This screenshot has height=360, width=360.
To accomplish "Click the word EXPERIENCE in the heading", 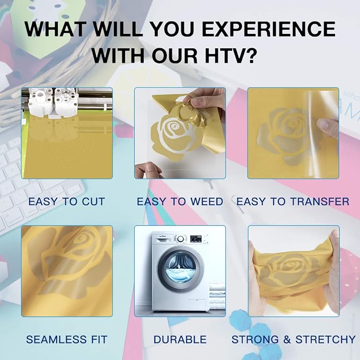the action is (268, 29).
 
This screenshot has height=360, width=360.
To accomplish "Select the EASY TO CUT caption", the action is (67, 201).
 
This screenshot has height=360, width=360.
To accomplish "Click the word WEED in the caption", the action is (207, 201).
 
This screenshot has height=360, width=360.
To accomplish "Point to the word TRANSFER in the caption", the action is (320, 201).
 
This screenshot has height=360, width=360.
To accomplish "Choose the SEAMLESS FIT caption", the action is (67, 339).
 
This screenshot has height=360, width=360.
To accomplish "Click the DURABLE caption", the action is (180, 339).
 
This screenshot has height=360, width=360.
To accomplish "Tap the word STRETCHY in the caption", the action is (326, 339).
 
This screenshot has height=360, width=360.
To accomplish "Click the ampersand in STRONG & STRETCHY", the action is (287, 339).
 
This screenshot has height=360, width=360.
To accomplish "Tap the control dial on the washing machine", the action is (180, 239).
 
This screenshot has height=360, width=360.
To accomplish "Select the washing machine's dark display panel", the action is (196, 239).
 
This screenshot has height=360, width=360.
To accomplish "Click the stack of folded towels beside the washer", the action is (217, 296).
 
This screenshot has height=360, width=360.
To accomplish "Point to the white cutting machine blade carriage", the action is (52, 101).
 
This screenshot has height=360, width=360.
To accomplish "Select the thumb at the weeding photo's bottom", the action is (148, 170).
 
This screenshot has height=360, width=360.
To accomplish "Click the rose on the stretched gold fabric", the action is (289, 270).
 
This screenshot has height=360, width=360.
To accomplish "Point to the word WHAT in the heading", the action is (55, 29).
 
